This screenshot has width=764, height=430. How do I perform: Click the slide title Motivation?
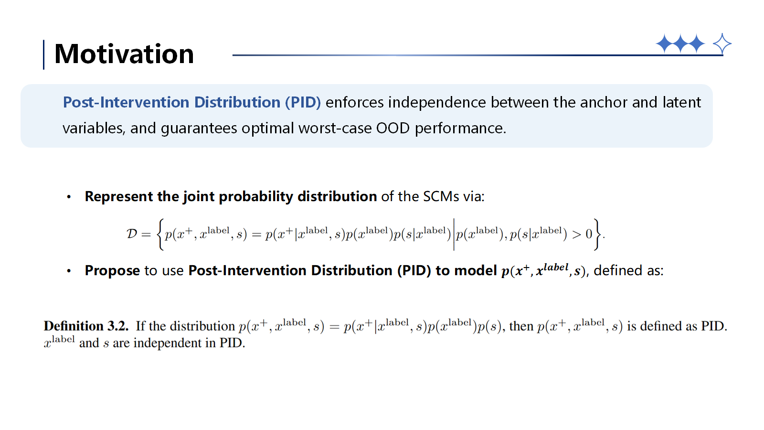tap(124, 54)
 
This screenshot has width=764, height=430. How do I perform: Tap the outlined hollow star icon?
tap(722, 43)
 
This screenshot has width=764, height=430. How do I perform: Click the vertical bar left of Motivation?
tap(43, 54)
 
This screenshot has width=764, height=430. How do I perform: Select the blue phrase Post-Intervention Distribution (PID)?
tap(191, 102)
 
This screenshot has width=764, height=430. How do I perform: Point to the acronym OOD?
tap(393, 129)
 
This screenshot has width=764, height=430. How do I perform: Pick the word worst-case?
tap(335, 129)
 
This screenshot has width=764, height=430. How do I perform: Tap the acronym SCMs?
tap(441, 196)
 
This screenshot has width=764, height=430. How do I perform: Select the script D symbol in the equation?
tap(132, 234)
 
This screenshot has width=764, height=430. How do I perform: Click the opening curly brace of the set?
tap(160, 235)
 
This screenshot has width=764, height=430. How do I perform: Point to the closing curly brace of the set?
tap(597, 235)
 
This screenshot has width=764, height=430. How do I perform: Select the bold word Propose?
tap(112, 270)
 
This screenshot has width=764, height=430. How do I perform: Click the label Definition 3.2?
tap(86, 326)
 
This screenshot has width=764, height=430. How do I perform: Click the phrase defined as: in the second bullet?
tap(628, 270)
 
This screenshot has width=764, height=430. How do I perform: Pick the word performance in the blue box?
tap(460, 129)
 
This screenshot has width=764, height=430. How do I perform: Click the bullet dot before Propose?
tap(69, 271)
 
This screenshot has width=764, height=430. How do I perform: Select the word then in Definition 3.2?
tap(521, 326)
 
